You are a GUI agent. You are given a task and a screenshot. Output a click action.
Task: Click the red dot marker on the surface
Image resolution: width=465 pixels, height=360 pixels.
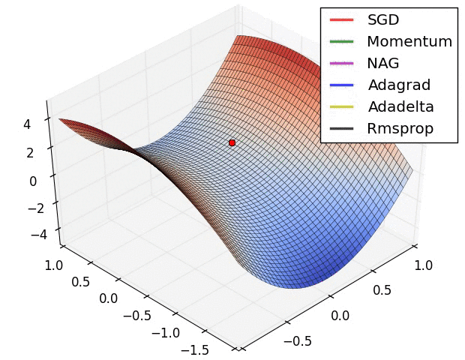232,142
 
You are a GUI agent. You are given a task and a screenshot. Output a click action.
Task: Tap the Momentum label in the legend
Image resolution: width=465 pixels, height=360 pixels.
409,42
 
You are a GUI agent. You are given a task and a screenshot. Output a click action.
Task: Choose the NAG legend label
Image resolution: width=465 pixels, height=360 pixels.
384,63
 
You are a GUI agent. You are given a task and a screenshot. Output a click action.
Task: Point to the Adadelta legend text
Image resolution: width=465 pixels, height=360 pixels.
400,106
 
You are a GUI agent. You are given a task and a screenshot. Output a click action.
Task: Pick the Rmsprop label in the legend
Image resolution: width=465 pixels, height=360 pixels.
400,128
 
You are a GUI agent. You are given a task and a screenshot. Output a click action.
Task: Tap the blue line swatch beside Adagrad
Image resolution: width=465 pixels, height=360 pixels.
341,85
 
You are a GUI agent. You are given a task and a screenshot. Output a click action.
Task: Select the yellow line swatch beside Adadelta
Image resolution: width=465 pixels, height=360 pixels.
341,106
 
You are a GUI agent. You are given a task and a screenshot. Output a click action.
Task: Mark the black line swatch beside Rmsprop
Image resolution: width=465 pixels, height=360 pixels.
341,128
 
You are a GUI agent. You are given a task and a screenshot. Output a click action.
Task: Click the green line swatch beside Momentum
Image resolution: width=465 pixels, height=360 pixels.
341,42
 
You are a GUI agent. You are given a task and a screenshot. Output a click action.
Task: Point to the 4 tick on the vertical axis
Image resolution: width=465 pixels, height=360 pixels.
27,125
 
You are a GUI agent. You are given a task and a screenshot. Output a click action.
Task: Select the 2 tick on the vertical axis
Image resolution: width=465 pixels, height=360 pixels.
31,153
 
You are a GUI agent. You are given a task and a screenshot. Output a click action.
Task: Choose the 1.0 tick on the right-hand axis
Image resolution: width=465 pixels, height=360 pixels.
423,265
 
